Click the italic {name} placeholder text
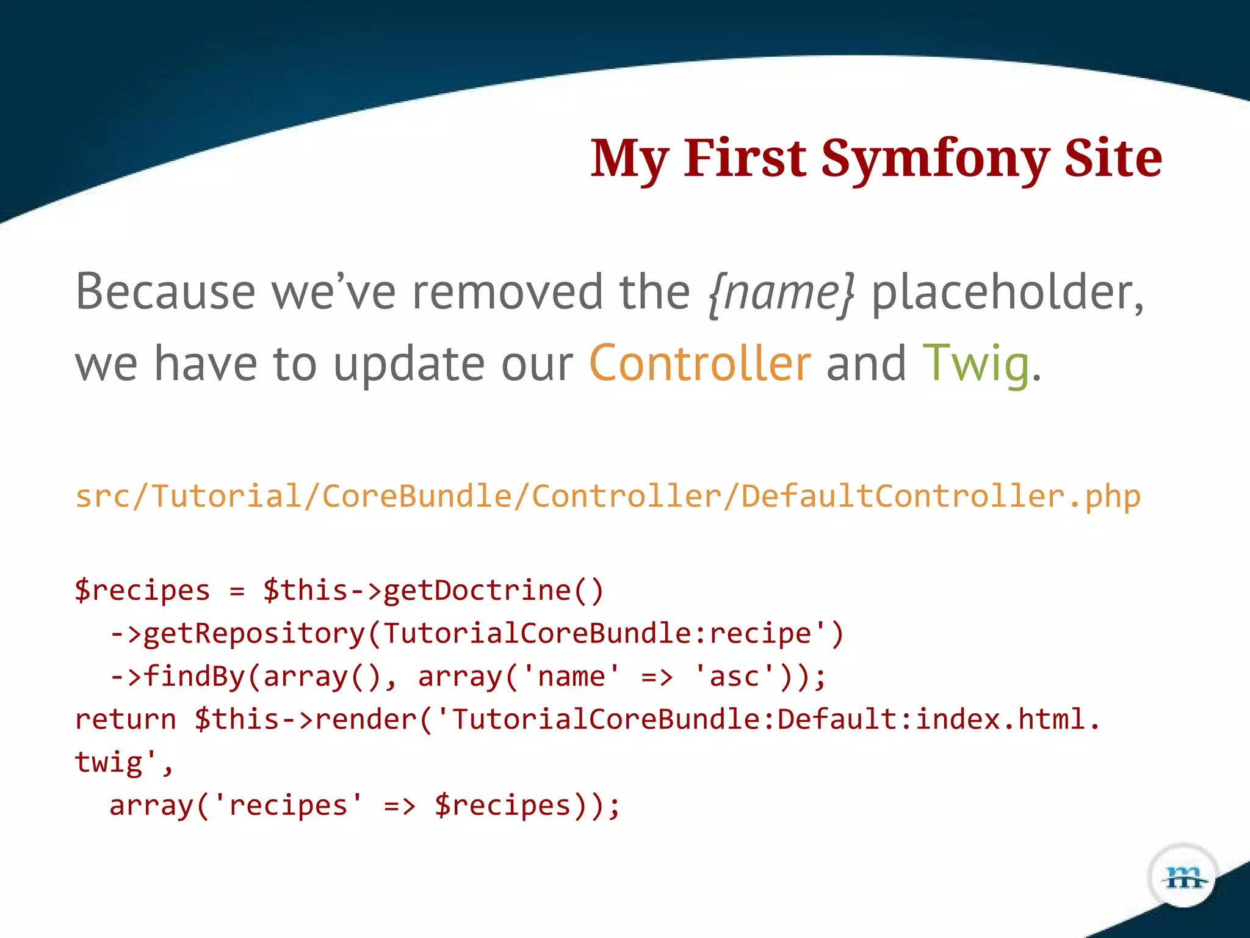(781, 293)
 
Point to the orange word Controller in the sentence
(700, 363)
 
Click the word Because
(165, 292)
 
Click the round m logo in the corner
(1183, 878)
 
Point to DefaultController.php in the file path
(941, 496)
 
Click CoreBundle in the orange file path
(417, 496)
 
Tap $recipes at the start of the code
(142, 591)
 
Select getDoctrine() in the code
(493, 591)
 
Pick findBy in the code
(193, 677)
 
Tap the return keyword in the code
(125, 719)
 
